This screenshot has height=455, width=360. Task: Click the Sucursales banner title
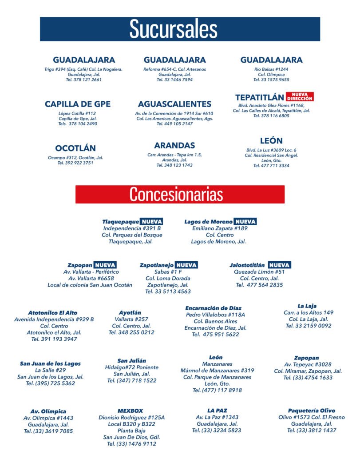pyautogui.click(x=173, y=29)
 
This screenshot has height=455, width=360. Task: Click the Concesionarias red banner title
pyautogui.click(x=176, y=195)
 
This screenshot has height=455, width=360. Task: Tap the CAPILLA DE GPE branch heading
pyautogui.click(x=78, y=104)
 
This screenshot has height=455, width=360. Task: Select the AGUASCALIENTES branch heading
pyautogui.click(x=174, y=104)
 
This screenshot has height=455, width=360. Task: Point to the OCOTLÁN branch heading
pyautogui.click(x=75, y=148)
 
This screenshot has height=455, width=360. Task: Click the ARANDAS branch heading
pyautogui.click(x=174, y=145)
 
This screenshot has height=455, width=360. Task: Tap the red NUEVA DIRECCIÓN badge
pyautogui.click(x=300, y=96)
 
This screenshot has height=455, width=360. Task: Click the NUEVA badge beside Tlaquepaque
pyautogui.click(x=151, y=221)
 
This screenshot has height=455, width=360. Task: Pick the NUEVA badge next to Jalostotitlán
pyautogui.click(x=280, y=265)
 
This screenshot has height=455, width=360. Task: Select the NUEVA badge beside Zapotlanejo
pyautogui.click(x=186, y=265)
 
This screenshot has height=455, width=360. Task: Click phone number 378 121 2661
pyautogui.click(x=84, y=80)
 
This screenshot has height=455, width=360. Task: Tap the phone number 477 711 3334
pyautogui.click(x=271, y=166)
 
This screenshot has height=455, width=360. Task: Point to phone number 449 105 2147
pyautogui.click(x=175, y=124)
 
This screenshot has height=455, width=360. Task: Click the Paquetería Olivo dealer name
pyautogui.click(x=312, y=411)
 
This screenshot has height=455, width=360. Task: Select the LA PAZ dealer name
pyautogui.click(x=217, y=411)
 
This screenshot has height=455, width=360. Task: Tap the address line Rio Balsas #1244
pyautogui.click(x=271, y=69)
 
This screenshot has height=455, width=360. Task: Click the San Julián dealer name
pyautogui.click(x=132, y=360)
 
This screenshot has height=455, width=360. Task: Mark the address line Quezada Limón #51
pyautogui.click(x=259, y=271)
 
